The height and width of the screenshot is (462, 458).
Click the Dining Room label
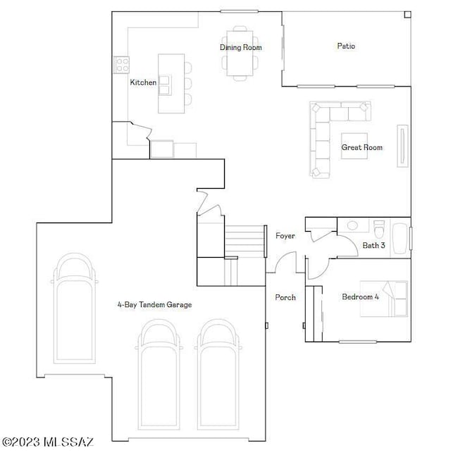(241, 47)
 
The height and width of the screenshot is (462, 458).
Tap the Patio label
(345, 46)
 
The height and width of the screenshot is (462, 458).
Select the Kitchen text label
(143, 82)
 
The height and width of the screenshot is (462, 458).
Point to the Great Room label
(361, 147)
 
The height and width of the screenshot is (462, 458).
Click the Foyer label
(285, 236)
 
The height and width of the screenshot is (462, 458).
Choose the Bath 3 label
(373, 245)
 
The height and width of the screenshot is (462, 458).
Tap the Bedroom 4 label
(360, 296)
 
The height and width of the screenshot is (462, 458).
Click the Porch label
(285, 297)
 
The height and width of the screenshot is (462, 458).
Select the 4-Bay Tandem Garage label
(154, 305)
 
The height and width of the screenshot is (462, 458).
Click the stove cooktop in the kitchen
(121, 65)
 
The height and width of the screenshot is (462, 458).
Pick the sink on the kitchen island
(164, 85)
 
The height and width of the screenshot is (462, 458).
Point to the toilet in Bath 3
(379, 230)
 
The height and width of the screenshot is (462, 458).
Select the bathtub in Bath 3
(400, 237)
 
